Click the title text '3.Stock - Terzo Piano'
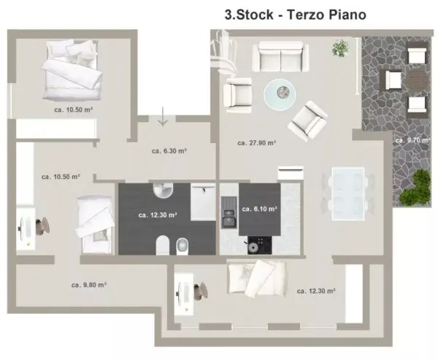coord(295,15)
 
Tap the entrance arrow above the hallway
coord(163,116)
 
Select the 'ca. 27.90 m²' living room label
coord(257,143)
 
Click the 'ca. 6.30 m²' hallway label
coord(169,151)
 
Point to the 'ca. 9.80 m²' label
coord(89,285)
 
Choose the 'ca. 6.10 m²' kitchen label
coord(259,209)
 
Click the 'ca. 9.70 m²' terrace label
coord(412,140)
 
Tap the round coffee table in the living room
coord(280,94)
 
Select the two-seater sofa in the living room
coord(280,57)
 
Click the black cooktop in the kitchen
coord(259,245)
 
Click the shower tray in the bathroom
coord(203,202)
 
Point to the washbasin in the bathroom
coord(163,190)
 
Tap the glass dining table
coord(348,194)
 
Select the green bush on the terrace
coord(415,187)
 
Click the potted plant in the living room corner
coord(340,48)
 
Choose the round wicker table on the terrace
coord(417,80)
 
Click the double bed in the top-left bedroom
coord(72,70)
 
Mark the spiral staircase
coord(223,53)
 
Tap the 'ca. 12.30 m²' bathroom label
coord(158,215)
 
